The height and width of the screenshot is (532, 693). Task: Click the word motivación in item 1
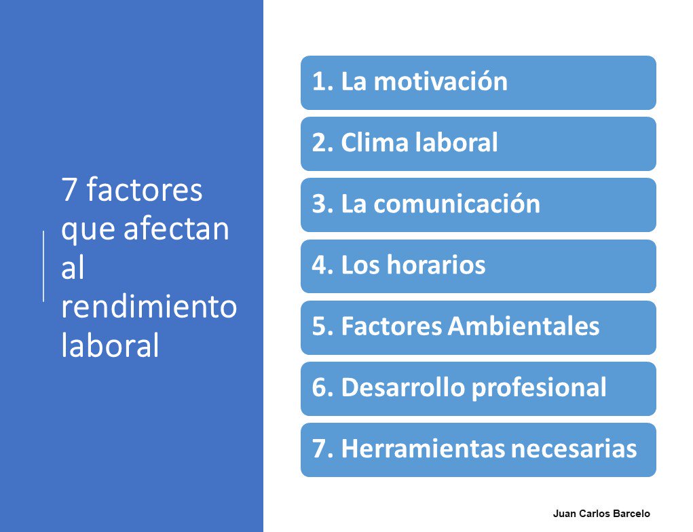(x=441, y=82)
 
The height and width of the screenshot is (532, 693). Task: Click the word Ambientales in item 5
(x=523, y=327)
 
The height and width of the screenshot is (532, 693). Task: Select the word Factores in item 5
(x=390, y=327)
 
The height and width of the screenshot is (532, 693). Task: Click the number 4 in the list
(x=319, y=265)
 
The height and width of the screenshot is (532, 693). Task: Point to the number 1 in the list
(x=319, y=82)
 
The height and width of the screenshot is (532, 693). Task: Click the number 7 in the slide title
(x=69, y=191)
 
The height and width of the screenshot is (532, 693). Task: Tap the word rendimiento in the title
(x=149, y=307)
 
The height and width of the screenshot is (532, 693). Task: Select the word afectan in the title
(x=176, y=229)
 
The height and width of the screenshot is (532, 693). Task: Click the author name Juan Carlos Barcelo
(x=601, y=514)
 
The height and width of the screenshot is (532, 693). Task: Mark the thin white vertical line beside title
(x=44, y=265)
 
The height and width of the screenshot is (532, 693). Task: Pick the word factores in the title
(x=144, y=191)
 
